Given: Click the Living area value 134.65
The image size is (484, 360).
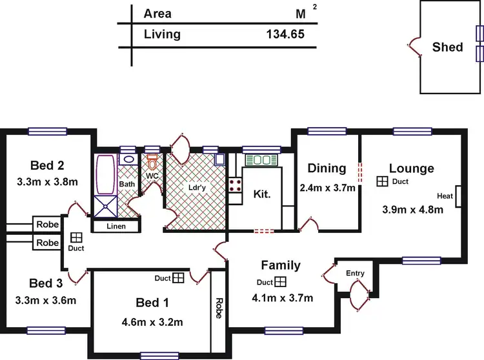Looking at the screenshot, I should tap(284, 34).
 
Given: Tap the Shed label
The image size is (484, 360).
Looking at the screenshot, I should tap(447, 46).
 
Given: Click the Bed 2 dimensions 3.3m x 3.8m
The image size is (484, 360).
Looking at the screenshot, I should tap(48, 182).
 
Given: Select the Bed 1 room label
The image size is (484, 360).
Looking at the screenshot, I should tap(152, 303).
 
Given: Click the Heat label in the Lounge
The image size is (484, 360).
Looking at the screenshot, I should tap(445, 196).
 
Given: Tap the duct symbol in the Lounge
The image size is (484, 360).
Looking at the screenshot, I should tap(383, 182).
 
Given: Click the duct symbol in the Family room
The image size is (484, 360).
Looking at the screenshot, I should tap(280, 282).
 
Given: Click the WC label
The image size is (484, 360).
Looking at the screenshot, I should tap(153, 175).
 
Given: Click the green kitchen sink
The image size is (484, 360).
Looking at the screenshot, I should tap(261, 159).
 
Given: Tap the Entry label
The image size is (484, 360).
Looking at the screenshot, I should tap(355, 274).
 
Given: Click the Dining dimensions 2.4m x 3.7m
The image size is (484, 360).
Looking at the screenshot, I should tap(327, 188).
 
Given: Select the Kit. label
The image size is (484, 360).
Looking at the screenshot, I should tap(262, 193).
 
